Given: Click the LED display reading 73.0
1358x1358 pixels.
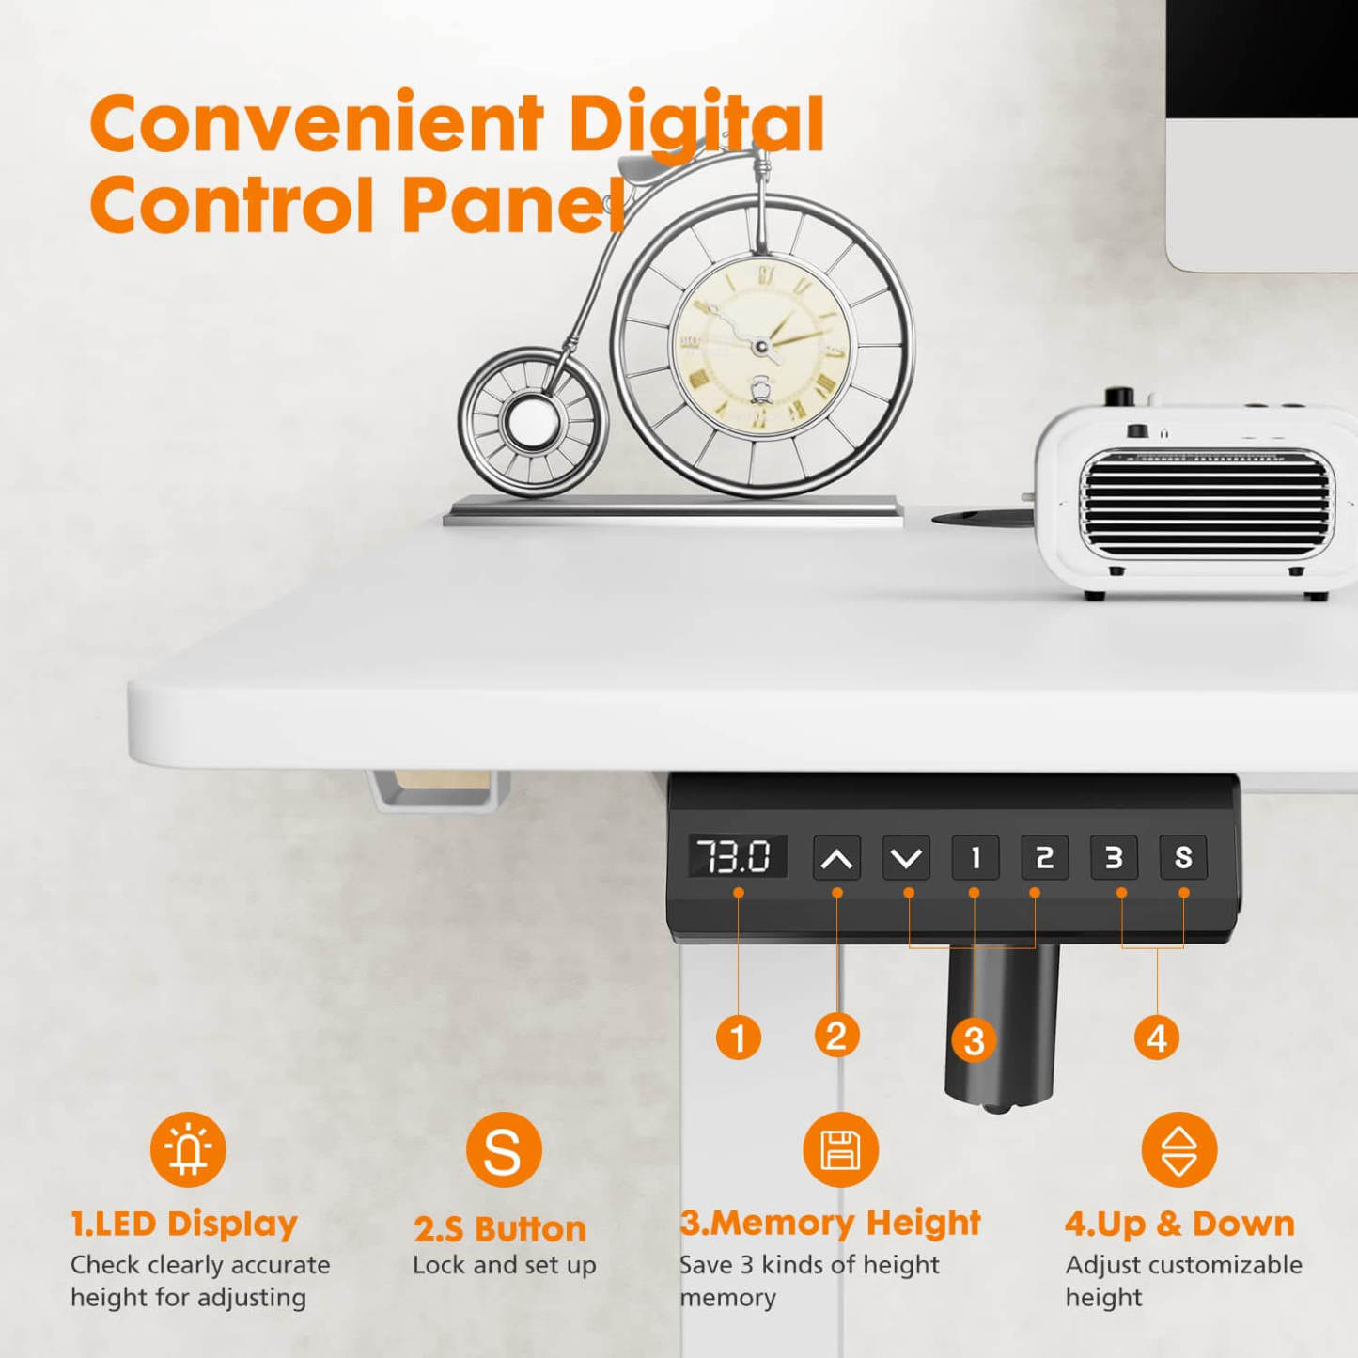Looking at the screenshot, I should [737, 856].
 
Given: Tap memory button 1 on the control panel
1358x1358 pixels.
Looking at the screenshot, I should [975, 857].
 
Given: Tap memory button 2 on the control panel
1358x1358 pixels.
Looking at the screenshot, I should [1044, 857].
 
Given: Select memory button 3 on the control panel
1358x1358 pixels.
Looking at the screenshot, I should [1114, 857].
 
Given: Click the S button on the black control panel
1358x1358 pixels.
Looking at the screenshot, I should [1183, 857].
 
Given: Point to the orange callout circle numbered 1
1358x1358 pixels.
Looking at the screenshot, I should [739, 1038].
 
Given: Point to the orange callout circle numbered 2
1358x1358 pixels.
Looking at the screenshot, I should [836, 1036].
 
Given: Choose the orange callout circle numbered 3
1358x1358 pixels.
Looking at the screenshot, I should [975, 1040].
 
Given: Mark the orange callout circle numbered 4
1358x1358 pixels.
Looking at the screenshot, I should [1157, 1038].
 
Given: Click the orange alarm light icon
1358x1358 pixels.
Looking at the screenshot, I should [188, 1149].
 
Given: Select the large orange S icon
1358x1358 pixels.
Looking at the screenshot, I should [504, 1150].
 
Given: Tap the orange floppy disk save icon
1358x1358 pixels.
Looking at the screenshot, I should [840, 1150].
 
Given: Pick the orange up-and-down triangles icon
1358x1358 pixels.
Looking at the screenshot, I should [1179, 1150].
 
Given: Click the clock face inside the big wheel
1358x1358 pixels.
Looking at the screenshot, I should [760, 346].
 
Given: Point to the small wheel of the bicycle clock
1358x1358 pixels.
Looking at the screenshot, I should [533, 422].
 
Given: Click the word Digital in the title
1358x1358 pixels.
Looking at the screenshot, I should [696, 124].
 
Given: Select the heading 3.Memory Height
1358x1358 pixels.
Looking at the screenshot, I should [830, 1223].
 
